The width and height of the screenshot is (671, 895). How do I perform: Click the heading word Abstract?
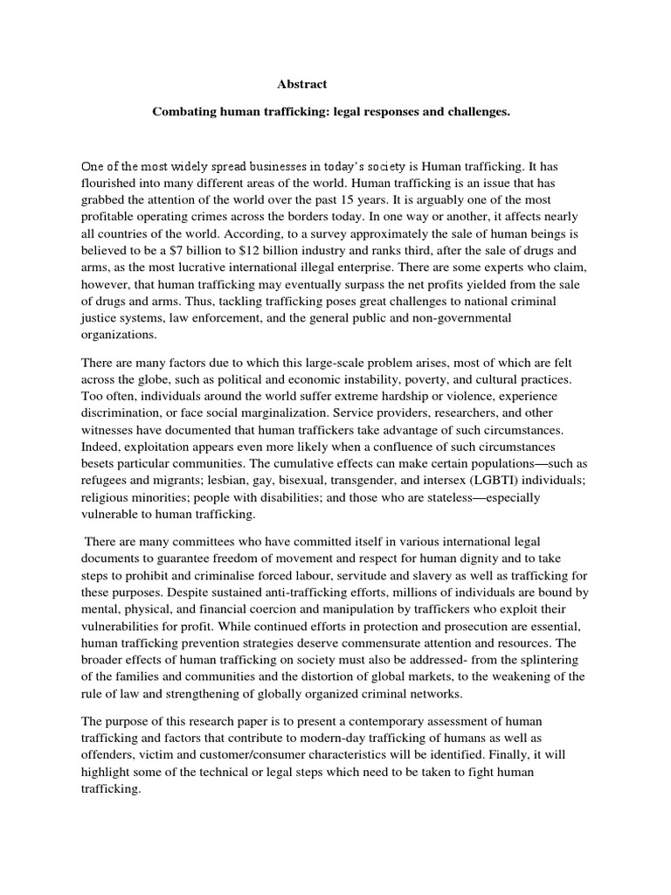(x=302, y=85)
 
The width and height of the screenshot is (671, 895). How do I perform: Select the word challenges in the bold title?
(x=475, y=113)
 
